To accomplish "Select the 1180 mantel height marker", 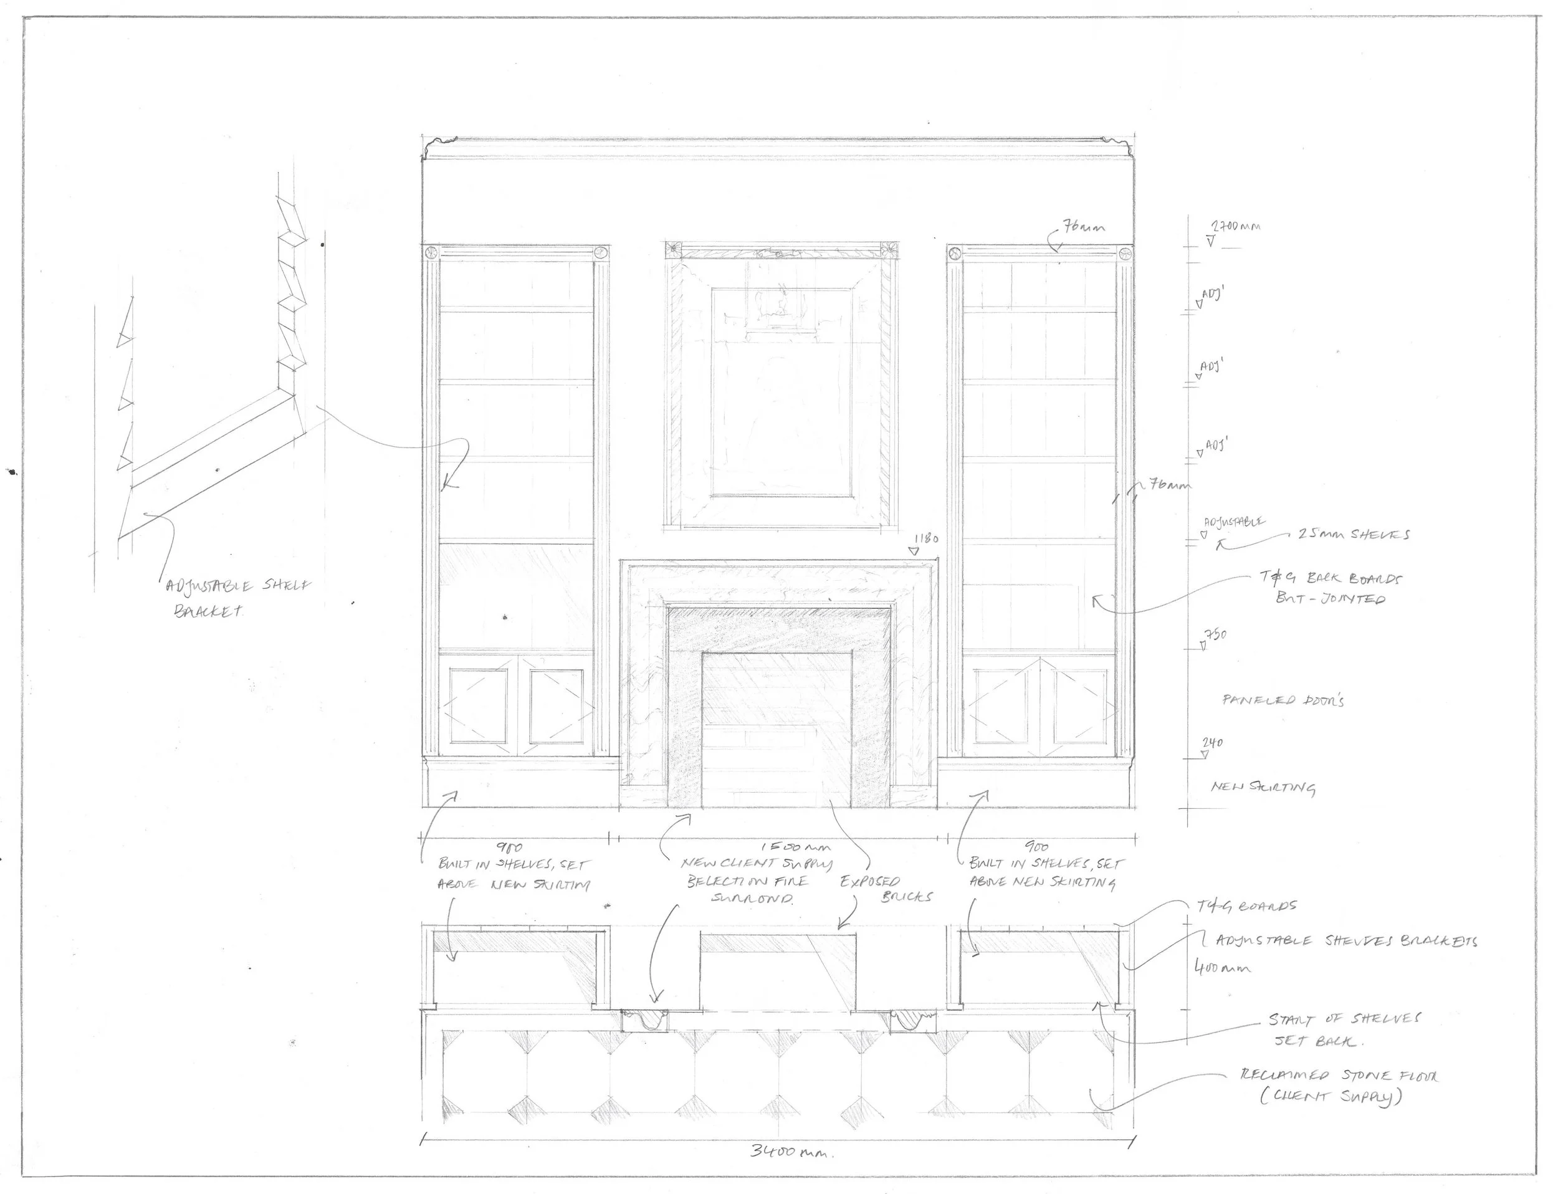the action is tap(925, 538).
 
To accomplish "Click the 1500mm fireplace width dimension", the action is tap(795, 847).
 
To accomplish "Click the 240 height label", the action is tap(1213, 743).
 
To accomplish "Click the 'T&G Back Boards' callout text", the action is tap(1331, 588).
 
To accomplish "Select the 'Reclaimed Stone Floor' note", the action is tap(1337, 1086).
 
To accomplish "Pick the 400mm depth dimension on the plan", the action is tap(1222, 968).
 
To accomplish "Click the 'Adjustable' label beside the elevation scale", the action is tap(1234, 522).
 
